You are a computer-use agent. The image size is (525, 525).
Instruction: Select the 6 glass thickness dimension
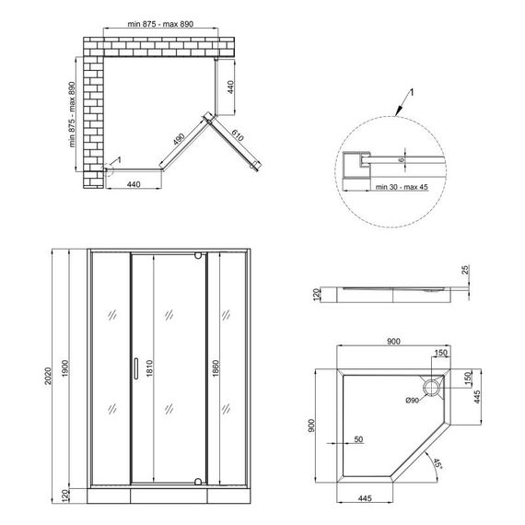[x=402, y=158]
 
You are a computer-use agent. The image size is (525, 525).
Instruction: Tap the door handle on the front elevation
[x=135, y=368]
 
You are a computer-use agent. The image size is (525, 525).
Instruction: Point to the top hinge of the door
[x=200, y=256]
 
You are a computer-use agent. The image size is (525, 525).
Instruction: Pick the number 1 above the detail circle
[x=414, y=93]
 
